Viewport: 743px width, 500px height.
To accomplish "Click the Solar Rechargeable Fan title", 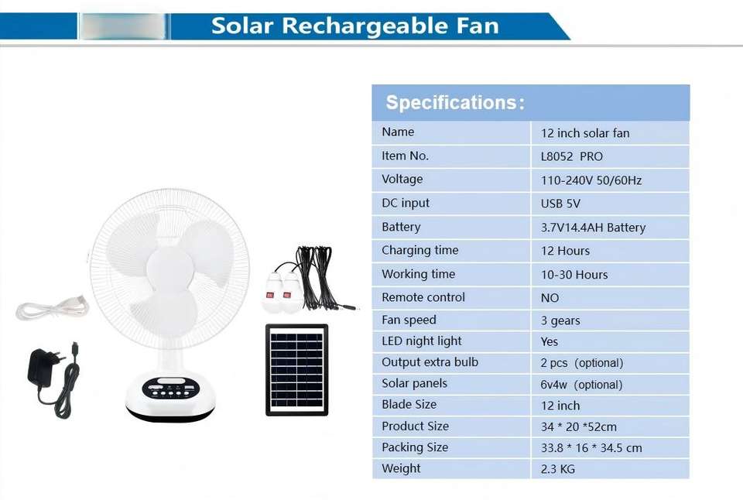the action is (x=355, y=26).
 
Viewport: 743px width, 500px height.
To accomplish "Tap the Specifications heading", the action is (x=455, y=102).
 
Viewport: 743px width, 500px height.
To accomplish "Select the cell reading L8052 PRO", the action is (x=571, y=156).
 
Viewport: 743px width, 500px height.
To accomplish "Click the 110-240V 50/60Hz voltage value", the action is (x=591, y=180).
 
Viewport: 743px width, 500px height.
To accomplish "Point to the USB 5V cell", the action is (x=560, y=204).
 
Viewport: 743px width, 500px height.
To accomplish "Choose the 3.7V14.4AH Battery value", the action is (x=593, y=228).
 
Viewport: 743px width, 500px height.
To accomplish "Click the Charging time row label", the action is (x=419, y=250).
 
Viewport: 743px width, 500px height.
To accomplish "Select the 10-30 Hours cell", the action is (x=574, y=275).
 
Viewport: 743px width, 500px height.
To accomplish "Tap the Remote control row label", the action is (x=423, y=297).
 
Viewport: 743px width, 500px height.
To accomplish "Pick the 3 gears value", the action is (x=560, y=321).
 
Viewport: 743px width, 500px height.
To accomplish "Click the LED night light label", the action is (x=421, y=341).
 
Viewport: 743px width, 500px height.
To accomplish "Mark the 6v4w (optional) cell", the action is (x=581, y=385).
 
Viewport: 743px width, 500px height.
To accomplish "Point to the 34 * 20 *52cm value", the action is (x=579, y=426).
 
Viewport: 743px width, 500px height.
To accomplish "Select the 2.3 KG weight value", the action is (x=558, y=469).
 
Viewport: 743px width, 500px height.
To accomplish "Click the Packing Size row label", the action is (x=415, y=447).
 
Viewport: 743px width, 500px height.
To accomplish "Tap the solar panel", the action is (x=296, y=370).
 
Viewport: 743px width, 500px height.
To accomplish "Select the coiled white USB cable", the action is (x=52, y=308).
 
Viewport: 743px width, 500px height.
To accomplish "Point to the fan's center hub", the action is (x=169, y=269).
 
